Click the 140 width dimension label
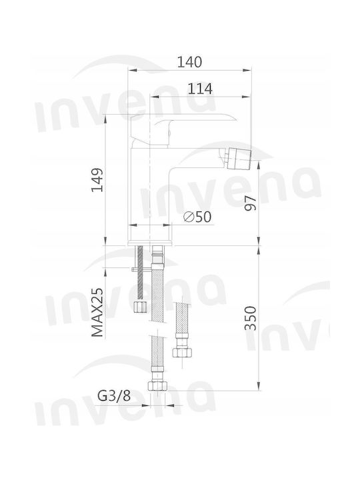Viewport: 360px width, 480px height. tap(190, 62)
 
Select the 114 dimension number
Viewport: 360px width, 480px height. tap(200, 89)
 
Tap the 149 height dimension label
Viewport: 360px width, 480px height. tap(97, 180)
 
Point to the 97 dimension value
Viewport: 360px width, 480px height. tap(251, 203)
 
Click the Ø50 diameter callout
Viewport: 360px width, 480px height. tap(197, 217)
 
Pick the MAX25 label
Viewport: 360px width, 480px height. tap(97, 312)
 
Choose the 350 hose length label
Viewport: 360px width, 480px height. tap(251, 318)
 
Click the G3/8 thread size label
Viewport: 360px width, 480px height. tap(114, 396)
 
